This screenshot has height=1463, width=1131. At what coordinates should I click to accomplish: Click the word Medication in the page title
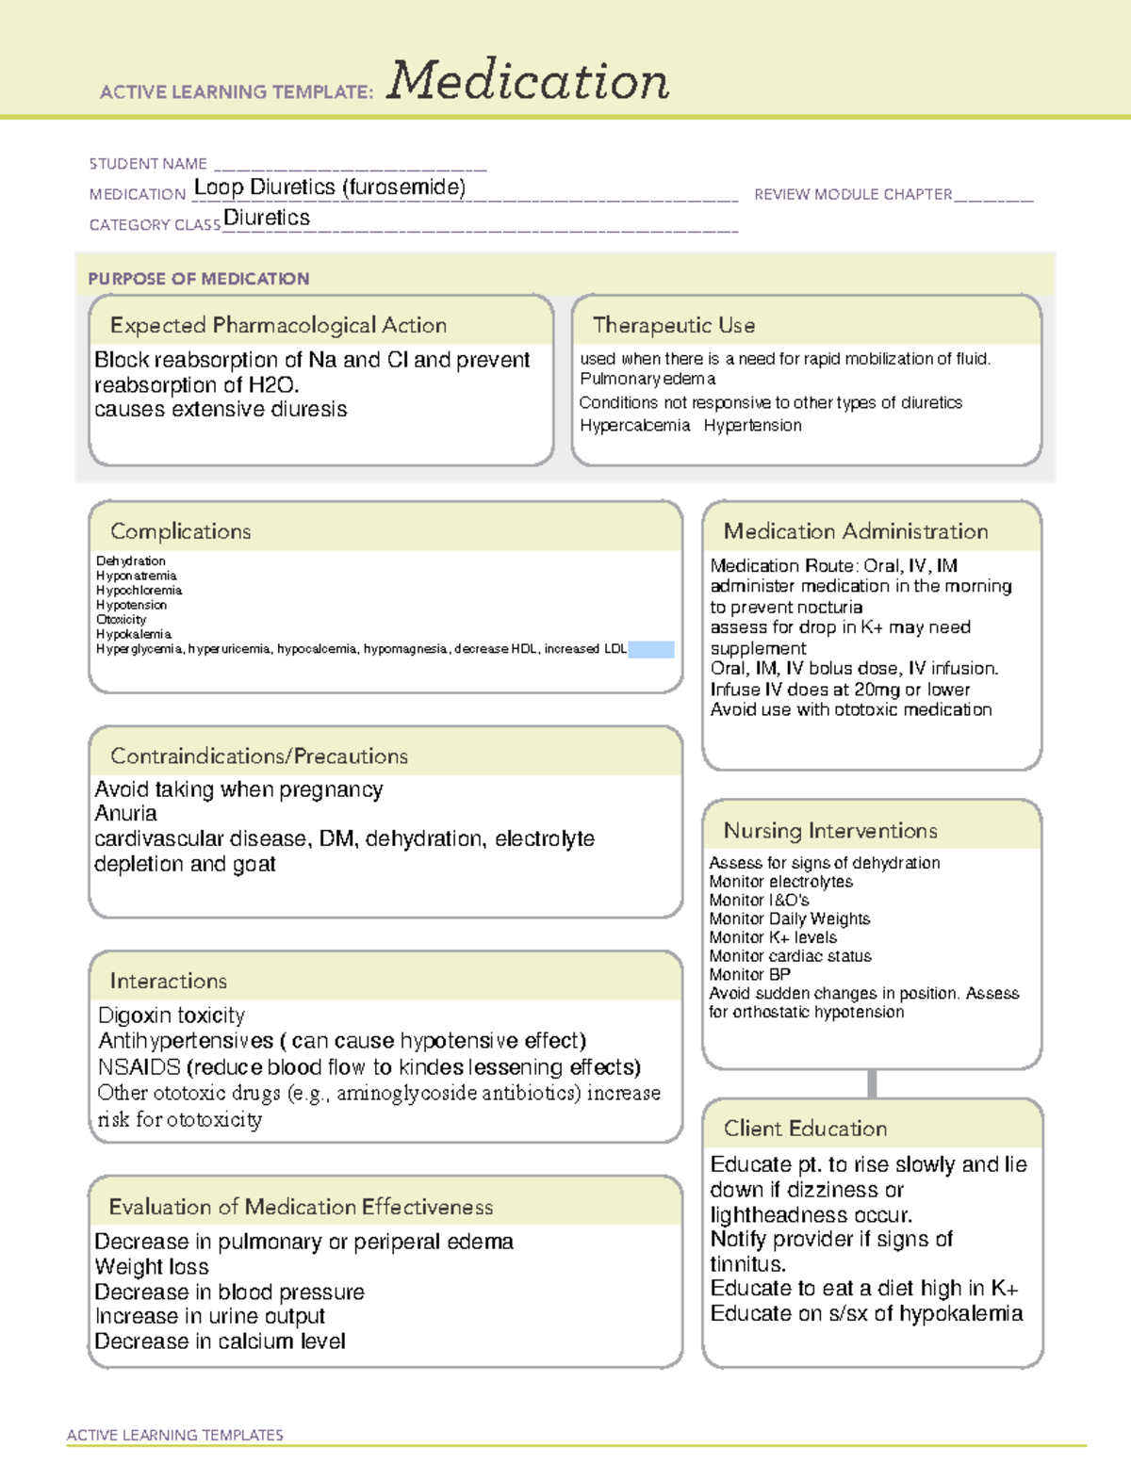click(x=528, y=81)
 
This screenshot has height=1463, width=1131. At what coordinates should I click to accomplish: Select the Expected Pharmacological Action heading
click(x=278, y=325)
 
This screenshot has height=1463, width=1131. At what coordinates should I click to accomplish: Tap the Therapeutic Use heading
click(x=673, y=325)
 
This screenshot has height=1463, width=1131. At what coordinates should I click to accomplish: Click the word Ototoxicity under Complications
click(x=121, y=620)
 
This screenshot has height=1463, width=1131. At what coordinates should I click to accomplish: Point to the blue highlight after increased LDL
click(x=650, y=649)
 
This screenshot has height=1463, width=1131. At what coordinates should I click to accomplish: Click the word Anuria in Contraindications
click(x=125, y=813)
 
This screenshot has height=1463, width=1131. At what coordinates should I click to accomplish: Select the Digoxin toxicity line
click(x=171, y=1016)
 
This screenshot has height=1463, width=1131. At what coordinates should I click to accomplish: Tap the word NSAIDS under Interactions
click(x=139, y=1067)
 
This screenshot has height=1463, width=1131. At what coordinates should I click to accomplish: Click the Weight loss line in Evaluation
click(x=151, y=1267)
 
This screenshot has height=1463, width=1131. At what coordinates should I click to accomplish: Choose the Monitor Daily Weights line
click(x=789, y=918)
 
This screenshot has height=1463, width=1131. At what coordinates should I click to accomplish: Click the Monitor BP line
click(x=749, y=975)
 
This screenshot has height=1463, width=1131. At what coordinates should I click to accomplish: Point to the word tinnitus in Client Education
click(x=746, y=1264)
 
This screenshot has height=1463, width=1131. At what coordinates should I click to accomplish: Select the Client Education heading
click(x=805, y=1129)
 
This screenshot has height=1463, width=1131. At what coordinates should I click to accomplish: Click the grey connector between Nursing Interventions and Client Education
click(x=872, y=1083)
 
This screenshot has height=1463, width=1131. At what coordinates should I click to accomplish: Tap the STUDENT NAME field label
click(x=148, y=164)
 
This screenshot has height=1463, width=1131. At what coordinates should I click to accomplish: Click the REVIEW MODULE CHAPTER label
click(x=853, y=194)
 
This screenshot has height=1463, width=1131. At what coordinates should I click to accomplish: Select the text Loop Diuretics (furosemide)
click(x=329, y=187)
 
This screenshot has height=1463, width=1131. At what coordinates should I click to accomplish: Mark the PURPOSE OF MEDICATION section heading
click(x=198, y=279)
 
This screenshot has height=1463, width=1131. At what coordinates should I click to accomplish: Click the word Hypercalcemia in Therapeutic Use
click(x=634, y=426)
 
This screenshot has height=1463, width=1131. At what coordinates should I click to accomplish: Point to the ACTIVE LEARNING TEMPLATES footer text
click(x=174, y=1435)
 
